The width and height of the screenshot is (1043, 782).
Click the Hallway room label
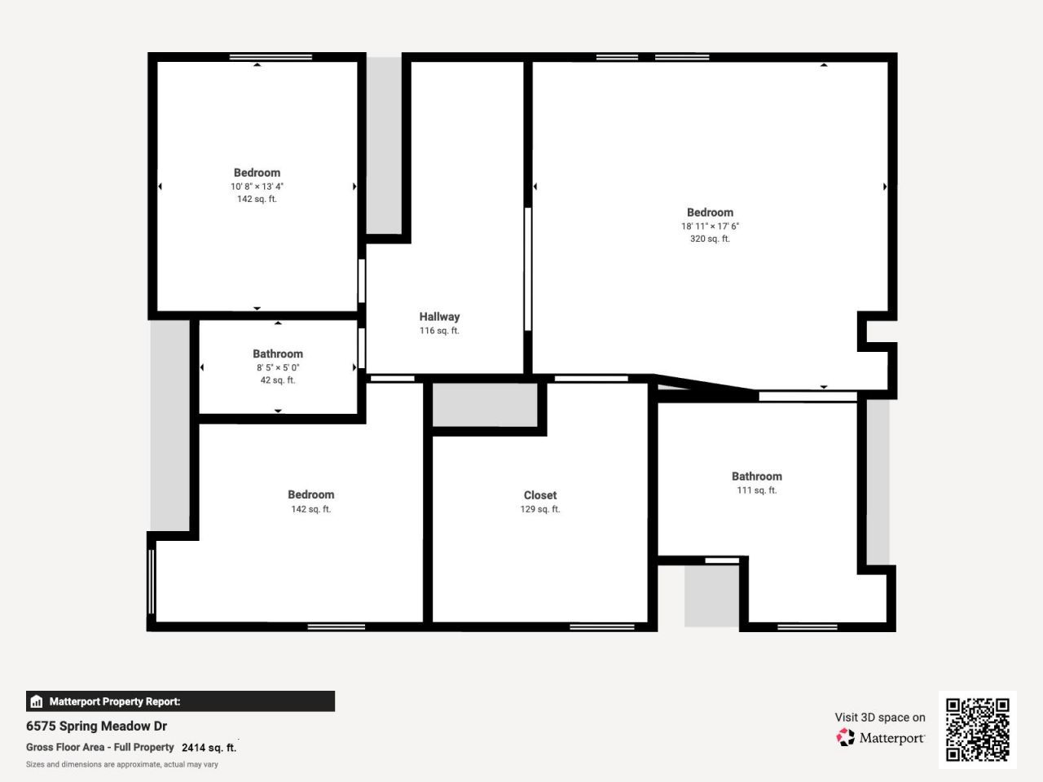(x=439, y=317)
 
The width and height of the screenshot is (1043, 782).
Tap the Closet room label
(x=540, y=495)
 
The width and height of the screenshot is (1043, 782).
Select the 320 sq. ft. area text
(x=710, y=239)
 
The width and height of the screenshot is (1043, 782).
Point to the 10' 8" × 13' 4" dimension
(x=257, y=187)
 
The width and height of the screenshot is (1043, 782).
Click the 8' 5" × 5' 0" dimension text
(x=278, y=367)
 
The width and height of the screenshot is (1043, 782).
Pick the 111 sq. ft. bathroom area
(x=756, y=490)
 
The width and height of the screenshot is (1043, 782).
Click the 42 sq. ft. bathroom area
(x=278, y=380)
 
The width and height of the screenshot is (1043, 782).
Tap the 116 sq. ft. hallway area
(x=439, y=331)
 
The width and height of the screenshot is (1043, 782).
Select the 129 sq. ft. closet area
(x=540, y=509)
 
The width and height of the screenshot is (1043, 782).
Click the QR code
(x=977, y=729)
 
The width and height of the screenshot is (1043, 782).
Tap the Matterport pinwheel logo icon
(x=846, y=737)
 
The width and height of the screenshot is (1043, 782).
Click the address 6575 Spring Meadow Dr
(x=96, y=726)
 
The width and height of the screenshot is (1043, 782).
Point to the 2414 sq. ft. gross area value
(x=209, y=747)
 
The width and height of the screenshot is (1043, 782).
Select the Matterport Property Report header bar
(x=180, y=701)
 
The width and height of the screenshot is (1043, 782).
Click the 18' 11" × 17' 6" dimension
(x=710, y=226)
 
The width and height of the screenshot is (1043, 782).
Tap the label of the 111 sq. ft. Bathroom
(x=756, y=477)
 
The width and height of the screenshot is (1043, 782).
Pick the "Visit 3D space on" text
(x=879, y=718)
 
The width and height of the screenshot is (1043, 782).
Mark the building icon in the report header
(x=36, y=701)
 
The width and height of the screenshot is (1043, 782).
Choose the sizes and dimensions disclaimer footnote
(x=122, y=764)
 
